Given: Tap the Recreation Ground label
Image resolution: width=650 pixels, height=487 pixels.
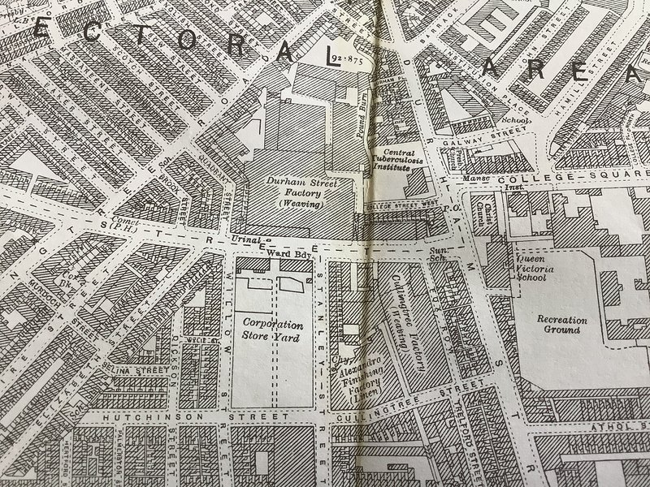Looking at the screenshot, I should (561, 324).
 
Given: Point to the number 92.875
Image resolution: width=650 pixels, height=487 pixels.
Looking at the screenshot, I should (346, 61).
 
